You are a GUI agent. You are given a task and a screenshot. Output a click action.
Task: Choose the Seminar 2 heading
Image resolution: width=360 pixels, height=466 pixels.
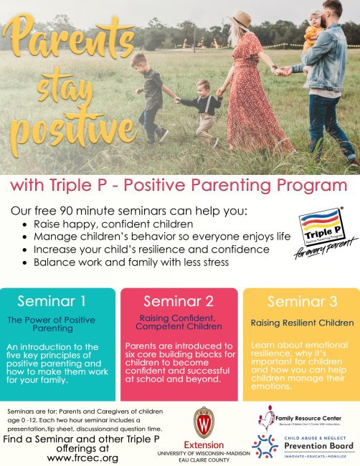tap(179, 300)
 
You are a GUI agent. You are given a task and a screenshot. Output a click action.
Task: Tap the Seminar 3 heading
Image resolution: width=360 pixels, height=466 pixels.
tap(301, 300)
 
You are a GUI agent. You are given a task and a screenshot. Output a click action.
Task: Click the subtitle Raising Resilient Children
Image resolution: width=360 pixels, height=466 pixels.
tap(301, 323)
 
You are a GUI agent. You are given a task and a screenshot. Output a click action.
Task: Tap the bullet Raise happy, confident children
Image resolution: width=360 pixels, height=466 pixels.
tap(105, 223)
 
